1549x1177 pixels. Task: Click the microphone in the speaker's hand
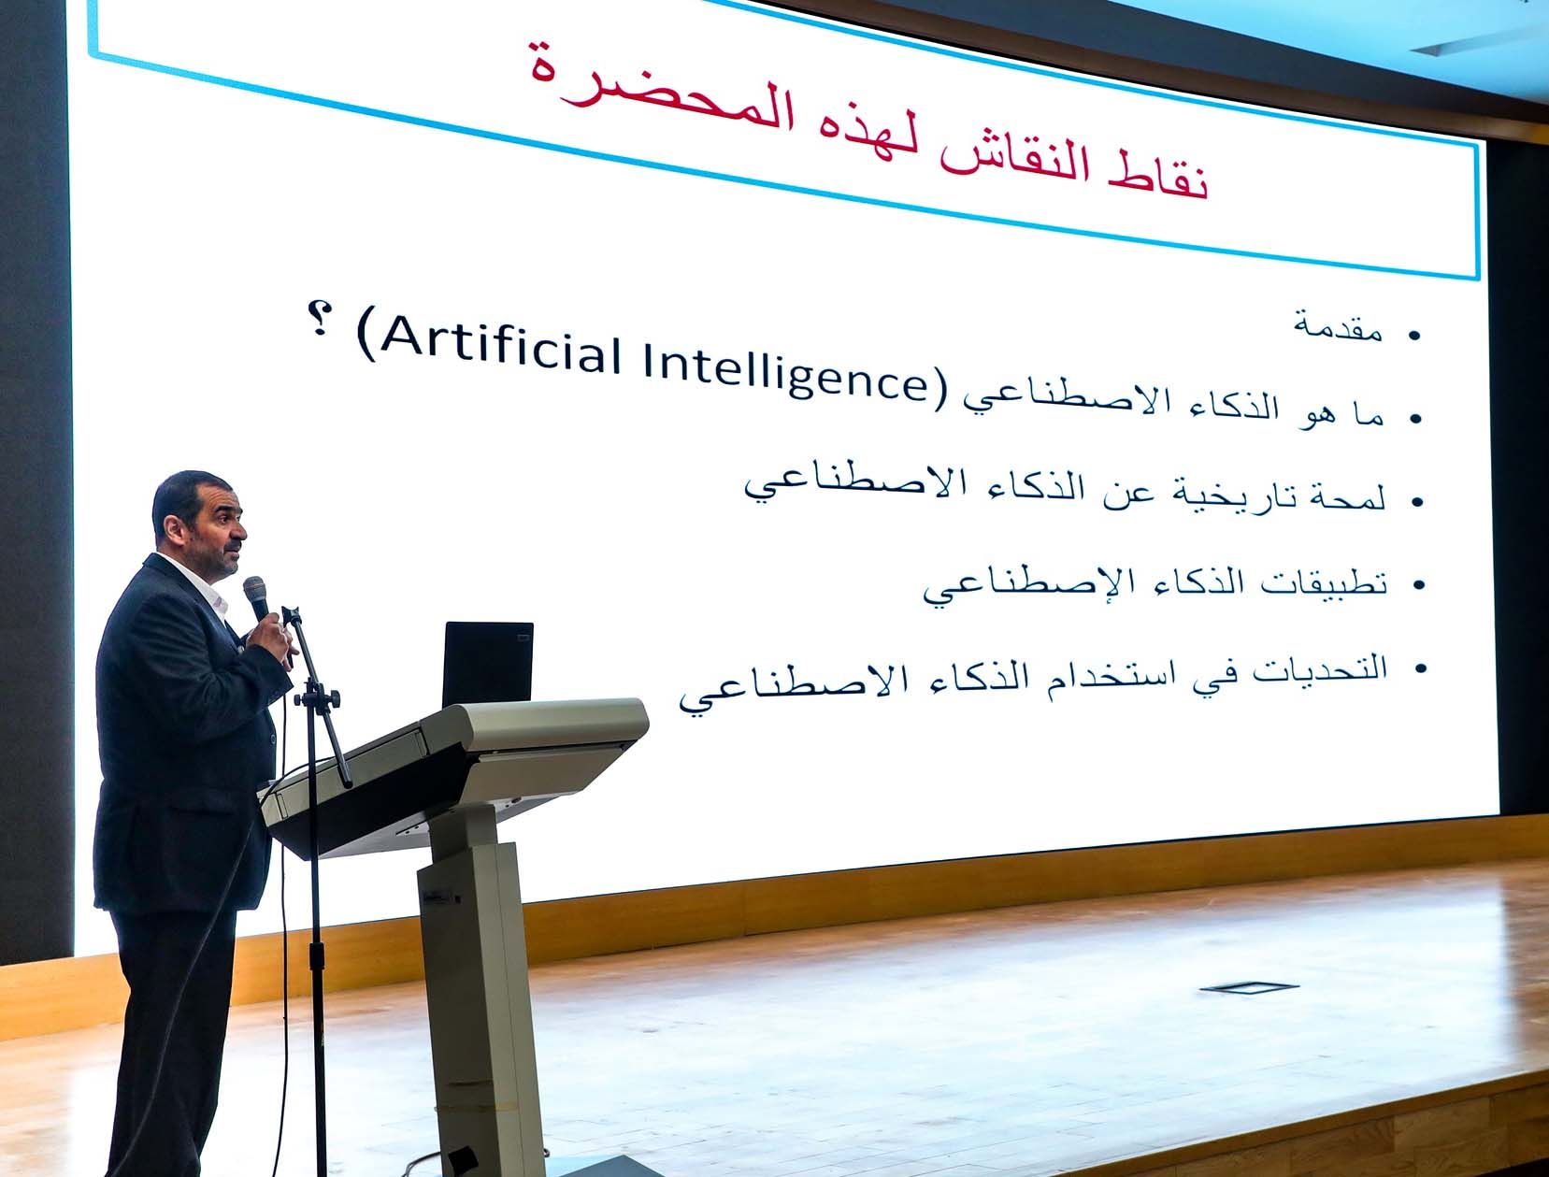(x=255, y=596)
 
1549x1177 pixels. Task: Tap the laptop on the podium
(x=487, y=665)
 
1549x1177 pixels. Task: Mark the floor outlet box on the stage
(x=1247, y=986)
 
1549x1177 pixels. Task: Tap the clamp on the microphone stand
(x=318, y=697)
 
